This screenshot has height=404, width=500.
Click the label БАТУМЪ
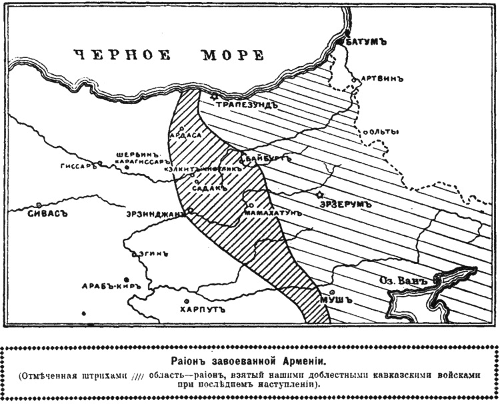(367, 42)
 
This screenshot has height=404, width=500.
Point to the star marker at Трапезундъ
(214, 97)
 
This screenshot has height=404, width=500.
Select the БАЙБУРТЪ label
(268, 160)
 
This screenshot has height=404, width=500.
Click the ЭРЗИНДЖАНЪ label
(153, 215)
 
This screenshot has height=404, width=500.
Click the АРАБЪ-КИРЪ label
(110, 286)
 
